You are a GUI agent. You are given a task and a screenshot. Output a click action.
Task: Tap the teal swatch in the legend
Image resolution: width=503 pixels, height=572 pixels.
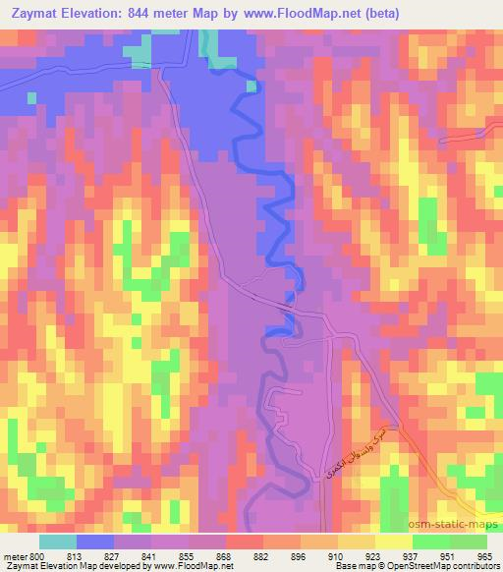click(58, 541)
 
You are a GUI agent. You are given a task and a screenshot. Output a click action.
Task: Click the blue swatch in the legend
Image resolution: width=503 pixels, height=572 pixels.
click(95, 541)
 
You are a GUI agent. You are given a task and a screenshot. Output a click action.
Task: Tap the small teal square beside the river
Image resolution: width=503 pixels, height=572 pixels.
click(251, 86)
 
